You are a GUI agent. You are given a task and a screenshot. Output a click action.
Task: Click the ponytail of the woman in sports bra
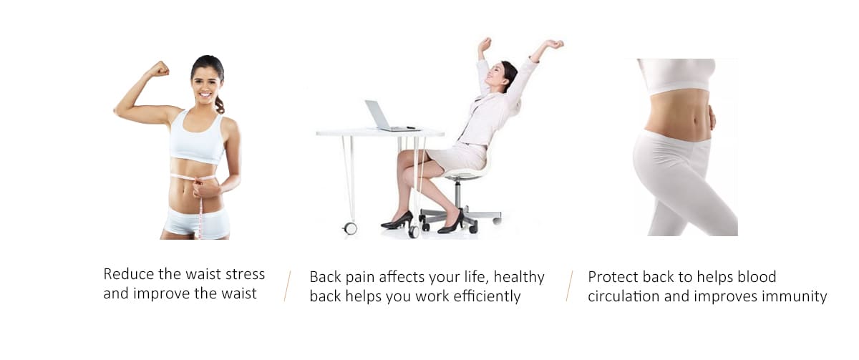click(219, 104)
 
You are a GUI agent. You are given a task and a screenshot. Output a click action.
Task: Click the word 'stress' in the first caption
click(245, 274)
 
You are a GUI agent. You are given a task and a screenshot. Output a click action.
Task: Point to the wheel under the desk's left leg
click(350, 228)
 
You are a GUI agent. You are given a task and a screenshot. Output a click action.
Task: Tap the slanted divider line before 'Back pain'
click(287, 286)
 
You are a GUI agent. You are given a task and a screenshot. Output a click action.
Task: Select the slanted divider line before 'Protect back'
click(570, 286)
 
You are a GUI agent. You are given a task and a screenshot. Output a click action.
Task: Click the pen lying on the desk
click(410, 127)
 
